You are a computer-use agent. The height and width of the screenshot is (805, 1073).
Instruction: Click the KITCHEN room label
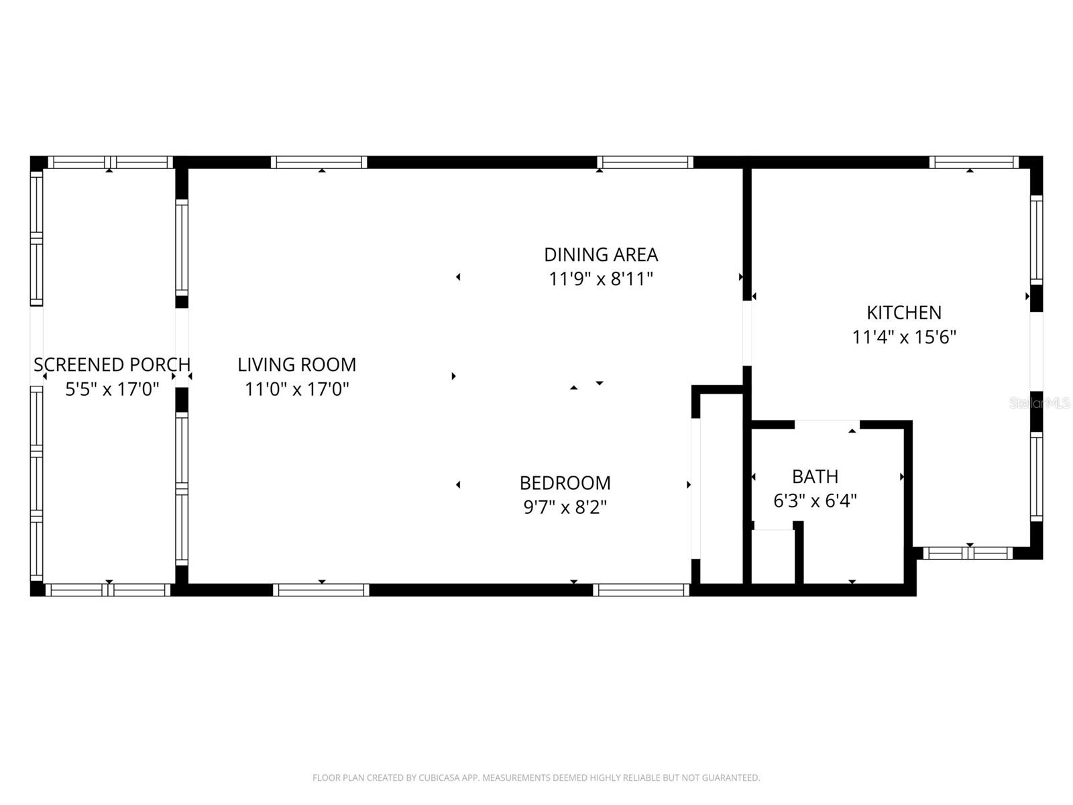tap(903, 313)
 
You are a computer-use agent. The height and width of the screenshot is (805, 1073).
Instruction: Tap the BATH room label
tap(815, 476)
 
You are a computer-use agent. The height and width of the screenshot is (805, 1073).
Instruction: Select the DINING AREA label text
tap(600, 255)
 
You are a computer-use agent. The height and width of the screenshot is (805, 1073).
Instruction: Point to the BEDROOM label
tap(565, 483)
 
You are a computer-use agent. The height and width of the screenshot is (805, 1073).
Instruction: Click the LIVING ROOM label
tap(296, 365)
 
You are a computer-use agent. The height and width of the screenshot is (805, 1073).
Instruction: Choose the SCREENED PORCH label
tap(112, 365)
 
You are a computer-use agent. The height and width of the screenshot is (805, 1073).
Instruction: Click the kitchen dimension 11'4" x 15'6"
tap(903, 337)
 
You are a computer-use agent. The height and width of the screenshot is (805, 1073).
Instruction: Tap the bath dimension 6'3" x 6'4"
tap(815, 501)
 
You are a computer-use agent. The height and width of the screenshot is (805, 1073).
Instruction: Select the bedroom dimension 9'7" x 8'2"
tap(565, 507)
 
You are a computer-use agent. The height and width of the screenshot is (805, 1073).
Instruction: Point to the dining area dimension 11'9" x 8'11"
tap(600, 279)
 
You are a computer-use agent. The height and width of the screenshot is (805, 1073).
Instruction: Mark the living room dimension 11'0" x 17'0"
tap(296, 389)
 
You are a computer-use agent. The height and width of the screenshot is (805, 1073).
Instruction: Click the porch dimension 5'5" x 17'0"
tap(112, 389)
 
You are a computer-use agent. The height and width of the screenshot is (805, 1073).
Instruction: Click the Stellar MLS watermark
tap(1039, 403)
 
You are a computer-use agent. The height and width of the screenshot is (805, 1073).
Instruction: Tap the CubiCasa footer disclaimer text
tap(536, 778)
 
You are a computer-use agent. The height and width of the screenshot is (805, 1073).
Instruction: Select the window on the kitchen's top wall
tap(974, 162)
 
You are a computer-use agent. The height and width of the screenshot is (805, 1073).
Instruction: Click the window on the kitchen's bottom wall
tap(967, 553)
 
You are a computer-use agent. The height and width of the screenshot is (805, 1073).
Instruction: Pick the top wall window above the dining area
tap(644, 162)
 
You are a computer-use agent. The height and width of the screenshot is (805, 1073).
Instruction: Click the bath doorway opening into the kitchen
tap(827, 425)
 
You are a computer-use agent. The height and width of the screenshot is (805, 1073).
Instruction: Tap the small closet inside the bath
tap(773, 557)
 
